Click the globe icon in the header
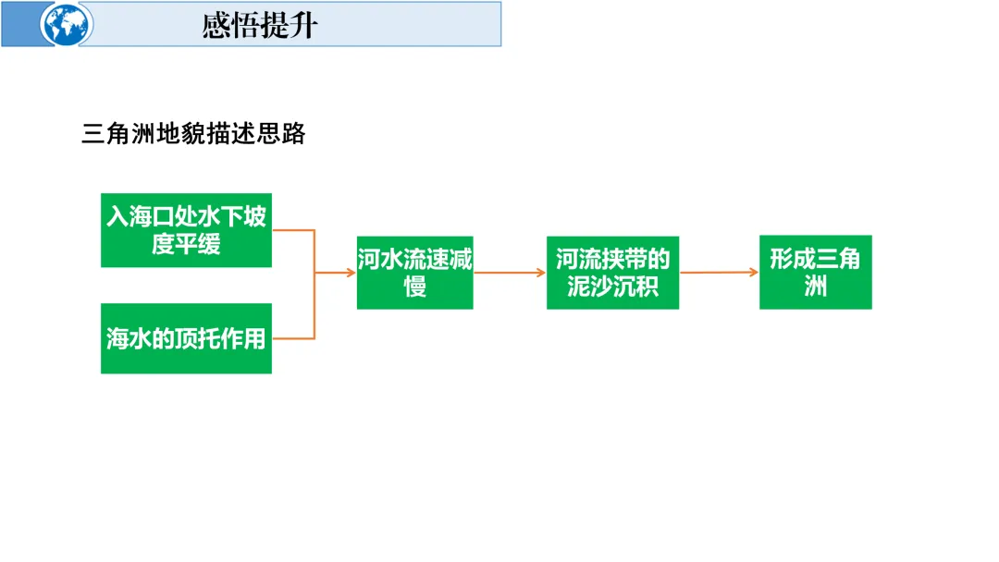(x=66, y=24)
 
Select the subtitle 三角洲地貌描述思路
(x=193, y=134)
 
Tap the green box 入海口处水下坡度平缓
(x=186, y=230)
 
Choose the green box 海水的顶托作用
(x=186, y=338)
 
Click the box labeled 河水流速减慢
(x=414, y=272)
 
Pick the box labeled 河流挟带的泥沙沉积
(x=612, y=272)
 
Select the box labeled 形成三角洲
(x=815, y=272)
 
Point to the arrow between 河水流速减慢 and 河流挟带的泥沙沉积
(x=510, y=273)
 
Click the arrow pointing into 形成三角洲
(x=720, y=272)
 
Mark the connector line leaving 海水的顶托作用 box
(x=293, y=338)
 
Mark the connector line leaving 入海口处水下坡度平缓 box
(x=293, y=230)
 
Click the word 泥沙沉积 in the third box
(x=612, y=286)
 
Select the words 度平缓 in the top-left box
(x=186, y=244)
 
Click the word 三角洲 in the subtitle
(x=115, y=134)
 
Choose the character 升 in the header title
(x=302, y=25)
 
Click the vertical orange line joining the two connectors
(x=315, y=284)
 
